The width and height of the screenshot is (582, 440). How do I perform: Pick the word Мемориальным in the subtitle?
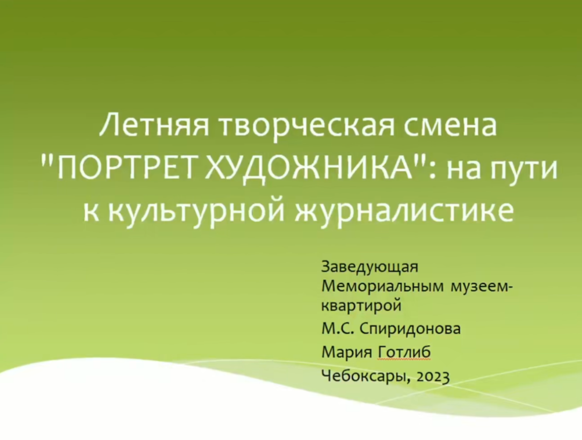tap(382, 287)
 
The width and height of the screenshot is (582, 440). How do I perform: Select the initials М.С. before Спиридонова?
tap(338, 329)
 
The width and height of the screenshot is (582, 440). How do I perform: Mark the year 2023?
tap(433, 376)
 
